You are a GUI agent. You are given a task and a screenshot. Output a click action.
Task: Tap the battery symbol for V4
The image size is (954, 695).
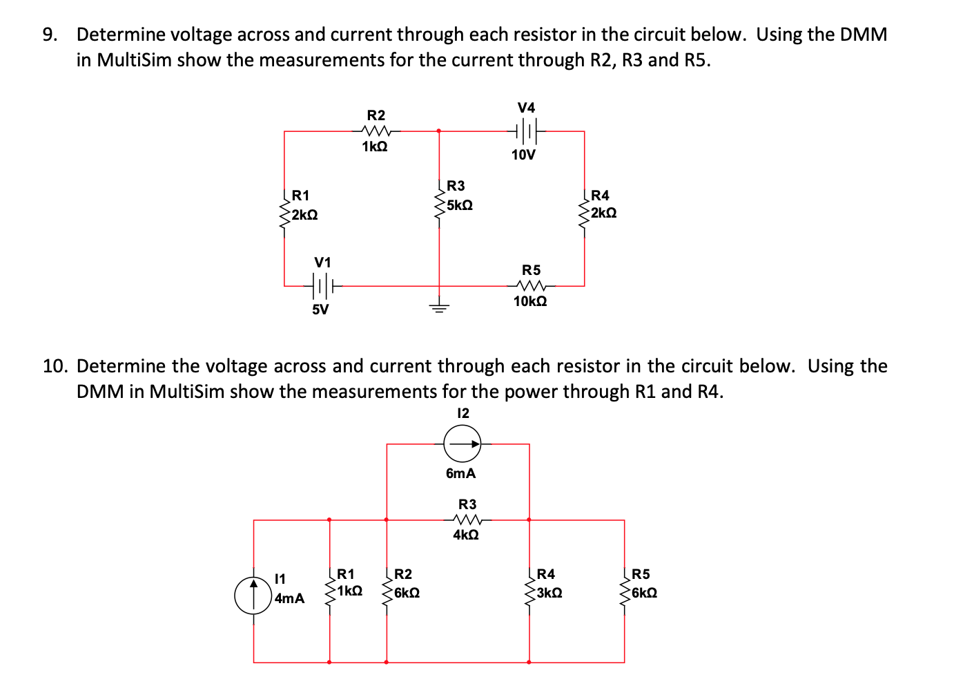click(x=526, y=130)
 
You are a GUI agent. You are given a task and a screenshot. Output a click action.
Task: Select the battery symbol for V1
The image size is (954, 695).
click(x=323, y=284)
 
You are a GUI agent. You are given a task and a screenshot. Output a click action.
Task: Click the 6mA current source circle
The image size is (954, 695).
click(x=463, y=444)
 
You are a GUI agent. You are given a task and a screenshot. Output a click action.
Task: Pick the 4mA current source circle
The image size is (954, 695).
click(x=253, y=596)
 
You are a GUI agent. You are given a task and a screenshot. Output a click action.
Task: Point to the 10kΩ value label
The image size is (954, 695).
click(x=530, y=301)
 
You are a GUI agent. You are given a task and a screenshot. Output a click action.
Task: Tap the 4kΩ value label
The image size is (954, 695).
click(x=466, y=535)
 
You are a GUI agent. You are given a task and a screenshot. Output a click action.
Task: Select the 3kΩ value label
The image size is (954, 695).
click(x=549, y=593)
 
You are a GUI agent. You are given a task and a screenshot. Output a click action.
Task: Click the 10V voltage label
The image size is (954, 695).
click(x=523, y=155)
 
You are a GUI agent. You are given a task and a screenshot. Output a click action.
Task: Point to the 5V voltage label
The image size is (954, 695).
click(x=320, y=310)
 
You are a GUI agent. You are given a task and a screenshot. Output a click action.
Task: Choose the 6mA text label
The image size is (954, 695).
click(x=460, y=473)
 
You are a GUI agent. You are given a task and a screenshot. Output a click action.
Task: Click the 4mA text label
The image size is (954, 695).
click(x=289, y=598)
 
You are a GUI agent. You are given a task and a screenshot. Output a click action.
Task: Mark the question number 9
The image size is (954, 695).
click(x=49, y=35)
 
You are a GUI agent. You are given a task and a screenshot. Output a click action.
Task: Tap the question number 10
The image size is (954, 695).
click(x=56, y=366)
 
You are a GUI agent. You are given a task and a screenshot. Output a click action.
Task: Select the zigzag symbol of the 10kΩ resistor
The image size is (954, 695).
click(x=532, y=285)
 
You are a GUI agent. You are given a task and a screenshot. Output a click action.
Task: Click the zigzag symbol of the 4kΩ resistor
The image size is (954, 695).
click(x=467, y=520)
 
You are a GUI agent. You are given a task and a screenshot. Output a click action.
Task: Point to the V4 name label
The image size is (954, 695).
click(x=526, y=107)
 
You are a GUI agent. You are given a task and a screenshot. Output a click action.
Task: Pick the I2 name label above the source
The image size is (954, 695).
click(x=463, y=413)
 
